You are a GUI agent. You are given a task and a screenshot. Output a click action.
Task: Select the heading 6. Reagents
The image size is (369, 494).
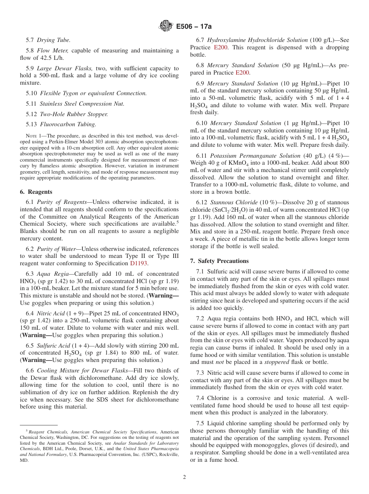click(36, 192)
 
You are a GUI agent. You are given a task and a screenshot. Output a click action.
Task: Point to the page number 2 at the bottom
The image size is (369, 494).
click(184, 477)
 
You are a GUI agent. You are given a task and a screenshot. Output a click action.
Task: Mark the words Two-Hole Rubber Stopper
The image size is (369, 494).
click(74, 114)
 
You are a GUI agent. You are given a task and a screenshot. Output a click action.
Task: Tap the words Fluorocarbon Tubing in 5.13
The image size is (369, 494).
click(68, 124)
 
